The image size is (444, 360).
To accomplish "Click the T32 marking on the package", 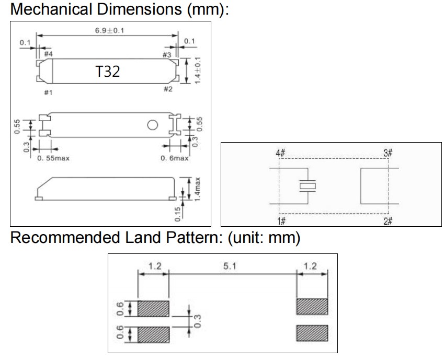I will click(108, 71).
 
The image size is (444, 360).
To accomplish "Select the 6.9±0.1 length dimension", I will click(109, 30).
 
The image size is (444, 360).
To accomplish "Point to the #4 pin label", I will click(48, 54).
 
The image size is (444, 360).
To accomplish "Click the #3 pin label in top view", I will click(167, 55).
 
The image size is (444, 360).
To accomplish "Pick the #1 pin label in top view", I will click(48, 92).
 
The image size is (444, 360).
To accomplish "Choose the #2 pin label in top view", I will click(168, 89).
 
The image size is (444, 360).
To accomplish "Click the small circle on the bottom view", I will click(153, 125).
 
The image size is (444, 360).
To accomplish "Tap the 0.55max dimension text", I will click(53, 158).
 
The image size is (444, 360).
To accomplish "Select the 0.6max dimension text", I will click(174, 158).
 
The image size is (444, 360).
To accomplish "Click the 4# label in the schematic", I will click(280, 154).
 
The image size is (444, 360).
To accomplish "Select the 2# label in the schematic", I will click(388, 222).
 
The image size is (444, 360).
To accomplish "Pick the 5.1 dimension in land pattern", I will click(230, 266).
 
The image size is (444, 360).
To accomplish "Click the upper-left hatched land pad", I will click(154, 309).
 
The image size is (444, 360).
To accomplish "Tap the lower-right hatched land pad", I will click(312, 333).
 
